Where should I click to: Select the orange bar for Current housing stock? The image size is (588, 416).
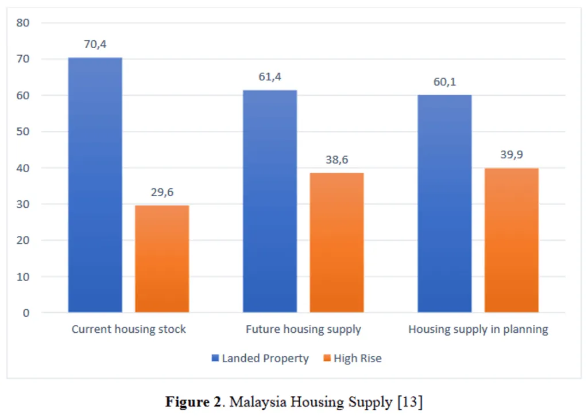point(162,259)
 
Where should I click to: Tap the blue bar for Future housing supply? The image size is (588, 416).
point(270,201)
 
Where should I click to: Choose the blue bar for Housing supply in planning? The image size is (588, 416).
point(444,204)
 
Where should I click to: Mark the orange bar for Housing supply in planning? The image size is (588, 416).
point(512,240)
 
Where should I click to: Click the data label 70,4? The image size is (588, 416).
point(95,44)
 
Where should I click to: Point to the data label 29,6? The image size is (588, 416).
point(162,192)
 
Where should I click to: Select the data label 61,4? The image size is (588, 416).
point(270,77)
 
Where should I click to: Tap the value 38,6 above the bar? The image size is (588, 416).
point(336,160)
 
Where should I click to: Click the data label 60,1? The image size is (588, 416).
point(444,82)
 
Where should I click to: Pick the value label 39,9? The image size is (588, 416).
point(512,155)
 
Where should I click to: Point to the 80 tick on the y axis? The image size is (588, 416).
point(24,23)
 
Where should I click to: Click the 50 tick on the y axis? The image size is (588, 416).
point(24,131)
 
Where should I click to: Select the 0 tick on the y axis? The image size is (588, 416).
point(26,313)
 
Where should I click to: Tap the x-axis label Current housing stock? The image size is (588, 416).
point(129,330)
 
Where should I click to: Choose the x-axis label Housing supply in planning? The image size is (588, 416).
point(478,330)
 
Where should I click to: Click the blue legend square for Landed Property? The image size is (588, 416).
point(216,359)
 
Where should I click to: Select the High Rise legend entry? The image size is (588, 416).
point(352,359)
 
